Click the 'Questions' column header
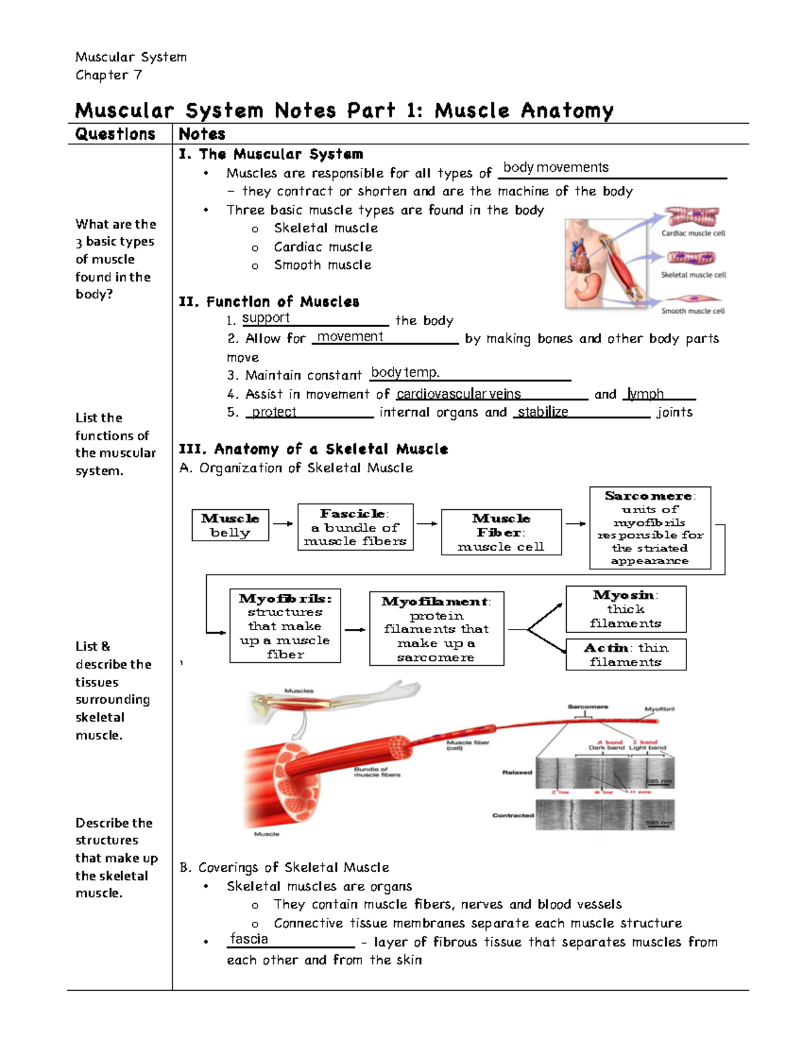[x=115, y=134]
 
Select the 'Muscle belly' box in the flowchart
[x=230, y=525]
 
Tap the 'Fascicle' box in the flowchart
[x=355, y=527]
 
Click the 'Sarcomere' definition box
[x=650, y=528]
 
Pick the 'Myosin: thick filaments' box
[x=626, y=609]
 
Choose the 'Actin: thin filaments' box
[x=626, y=654]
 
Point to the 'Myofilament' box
[x=436, y=629]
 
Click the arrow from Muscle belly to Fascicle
[x=283, y=524]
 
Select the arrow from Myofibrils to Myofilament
[x=355, y=630]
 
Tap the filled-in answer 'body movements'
[x=555, y=167]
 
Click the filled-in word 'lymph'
[x=646, y=394]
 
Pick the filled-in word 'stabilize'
[x=543, y=412]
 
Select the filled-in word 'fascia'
[x=249, y=939]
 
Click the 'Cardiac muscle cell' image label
[x=693, y=233]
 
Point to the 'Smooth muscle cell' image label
[x=693, y=311]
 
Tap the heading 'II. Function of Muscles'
[x=269, y=302]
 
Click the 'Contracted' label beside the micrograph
[x=513, y=816]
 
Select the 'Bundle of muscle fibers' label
[x=377, y=772]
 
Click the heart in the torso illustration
[x=579, y=254]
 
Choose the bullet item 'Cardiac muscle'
[x=323, y=247]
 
